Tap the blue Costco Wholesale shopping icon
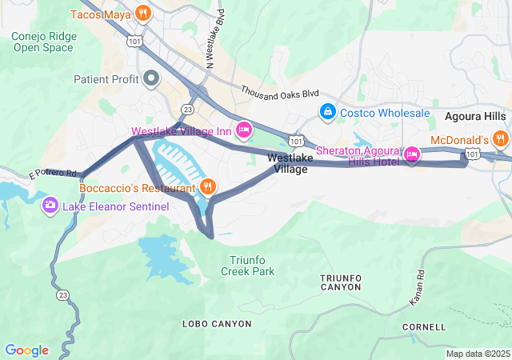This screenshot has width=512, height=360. pyautogui.click(x=327, y=113)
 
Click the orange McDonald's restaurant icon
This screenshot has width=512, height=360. pyautogui.click(x=501, y=139)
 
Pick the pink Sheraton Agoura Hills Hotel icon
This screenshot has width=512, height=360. pyautogui.click(x=412, y=154)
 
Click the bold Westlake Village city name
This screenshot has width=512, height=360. pyautogui.click(x=290, y=164)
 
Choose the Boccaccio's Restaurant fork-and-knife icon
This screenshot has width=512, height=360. pyautogui.click(x=208, y=187)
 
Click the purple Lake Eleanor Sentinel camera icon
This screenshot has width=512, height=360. pyautogui.click(x=50, y=206)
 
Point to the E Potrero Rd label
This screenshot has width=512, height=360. pyautogui.click(x=53, y=173)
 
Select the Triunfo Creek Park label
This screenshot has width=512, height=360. pyautogui.click(x=247, y=266)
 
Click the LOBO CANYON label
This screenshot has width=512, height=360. pyautogui.click(x=216, y=324)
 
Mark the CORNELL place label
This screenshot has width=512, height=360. pyautogui.click(x=424, y=327)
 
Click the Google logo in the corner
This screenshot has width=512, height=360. pyautogui.click(x=26, y=350)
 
